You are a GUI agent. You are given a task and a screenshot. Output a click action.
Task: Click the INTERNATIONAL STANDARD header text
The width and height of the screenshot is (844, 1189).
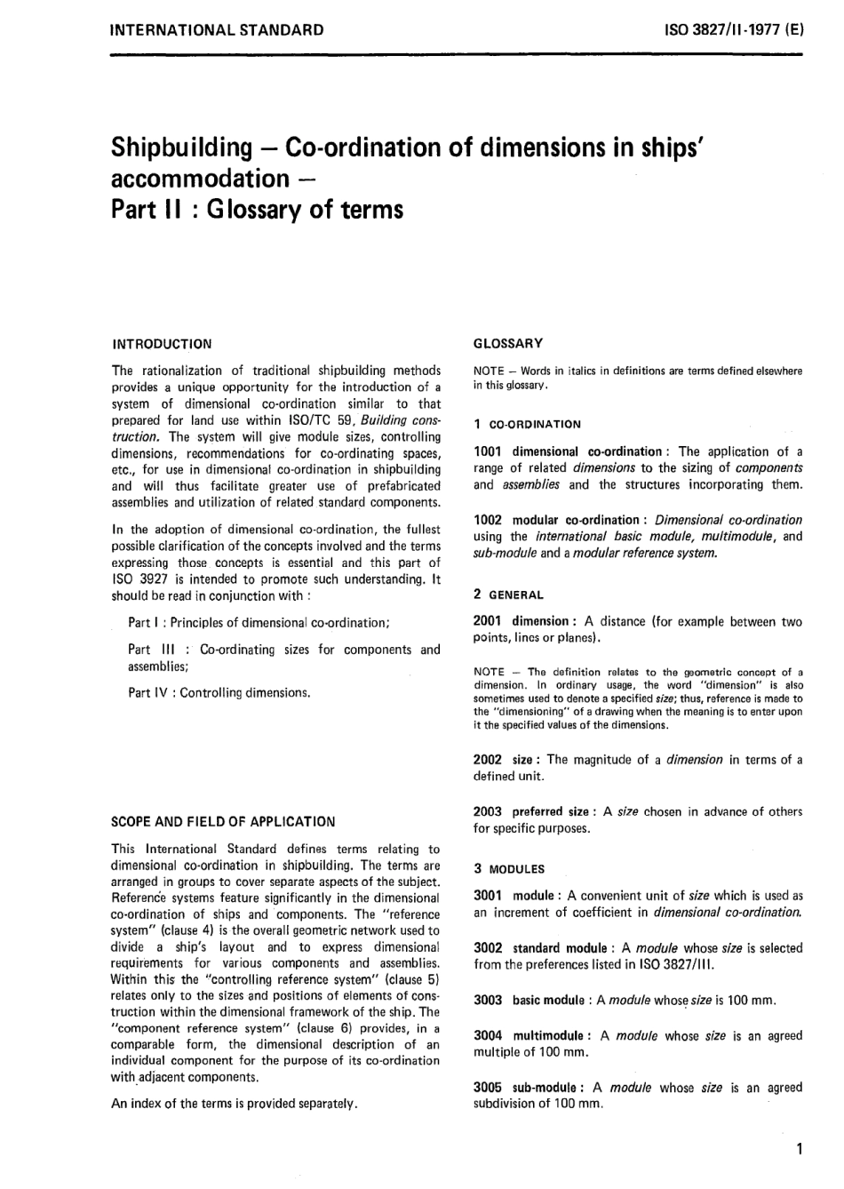216,30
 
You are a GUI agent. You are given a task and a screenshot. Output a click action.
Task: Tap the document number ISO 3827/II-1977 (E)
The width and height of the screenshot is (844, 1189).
734,30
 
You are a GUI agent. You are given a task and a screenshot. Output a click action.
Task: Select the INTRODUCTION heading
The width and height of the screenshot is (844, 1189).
162,344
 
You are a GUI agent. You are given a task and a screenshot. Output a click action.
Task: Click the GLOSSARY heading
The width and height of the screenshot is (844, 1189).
508,343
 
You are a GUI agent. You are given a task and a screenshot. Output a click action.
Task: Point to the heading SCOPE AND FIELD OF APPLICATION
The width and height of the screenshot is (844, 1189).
223,822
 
